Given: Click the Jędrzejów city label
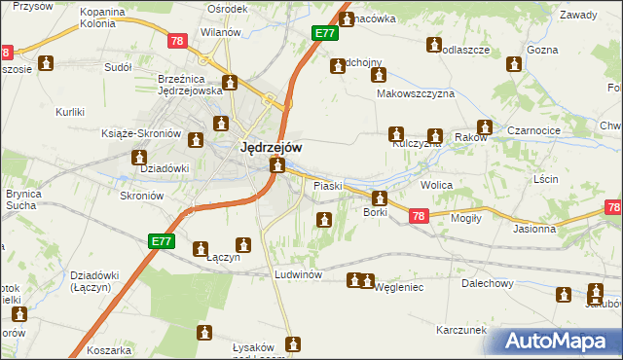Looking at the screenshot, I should (x=270, y=148).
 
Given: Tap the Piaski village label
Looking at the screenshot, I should (x=326, y=185).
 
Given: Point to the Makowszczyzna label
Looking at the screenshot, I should (x=416, y=94).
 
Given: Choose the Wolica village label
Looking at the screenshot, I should (x=437, y=184).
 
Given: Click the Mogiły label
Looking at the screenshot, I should (x=465, y=218).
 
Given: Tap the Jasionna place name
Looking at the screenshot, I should (x=535, y=230).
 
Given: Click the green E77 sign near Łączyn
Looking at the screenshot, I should (x=163, y=240).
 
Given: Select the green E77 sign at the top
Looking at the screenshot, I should (x=325, y=33).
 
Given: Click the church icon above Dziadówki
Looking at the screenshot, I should (x=139, y=156).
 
